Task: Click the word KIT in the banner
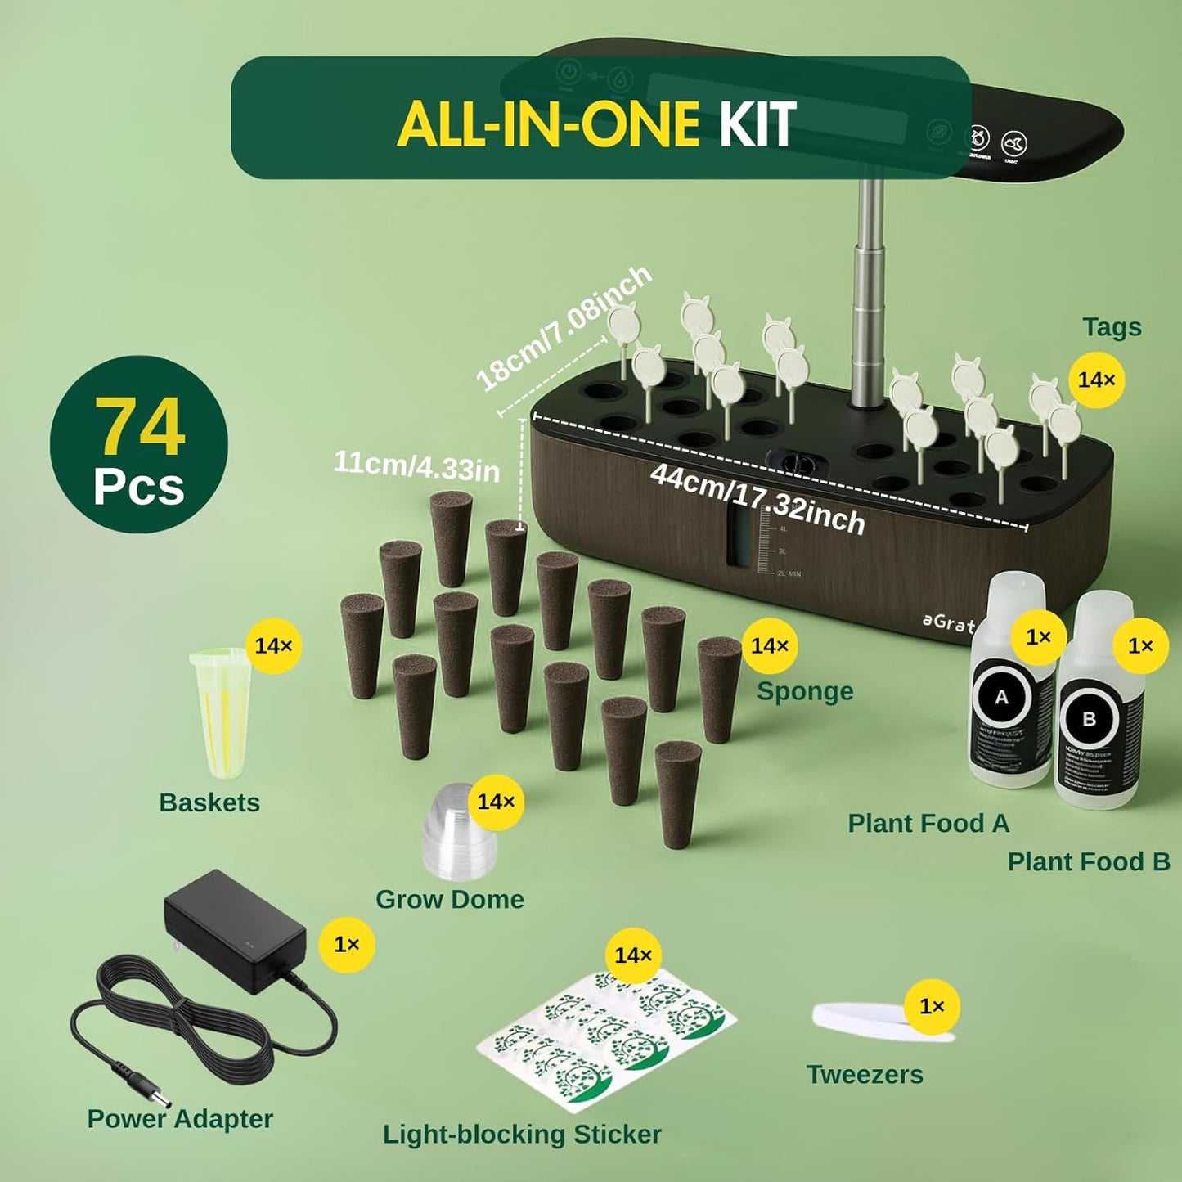click(x=757, y=124)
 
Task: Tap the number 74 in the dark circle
click(x=139, y=426)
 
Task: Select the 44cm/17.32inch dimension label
click(x=757, y=497)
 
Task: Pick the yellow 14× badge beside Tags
click(x=1096, y=380)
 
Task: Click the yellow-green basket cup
click(x=220, y=712)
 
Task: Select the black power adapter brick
click(x=235, y=930)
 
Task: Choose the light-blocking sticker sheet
click(x=606, y=1039)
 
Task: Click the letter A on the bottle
click(x=1001, y=698)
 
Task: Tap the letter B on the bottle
click(x=1089, y=719)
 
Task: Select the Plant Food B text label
click(x=1088, y=861)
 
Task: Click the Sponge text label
click(x=805, y=691)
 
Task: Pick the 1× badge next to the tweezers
click(x=932, y=1006)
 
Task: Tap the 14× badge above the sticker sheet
click(x=633, y=955)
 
